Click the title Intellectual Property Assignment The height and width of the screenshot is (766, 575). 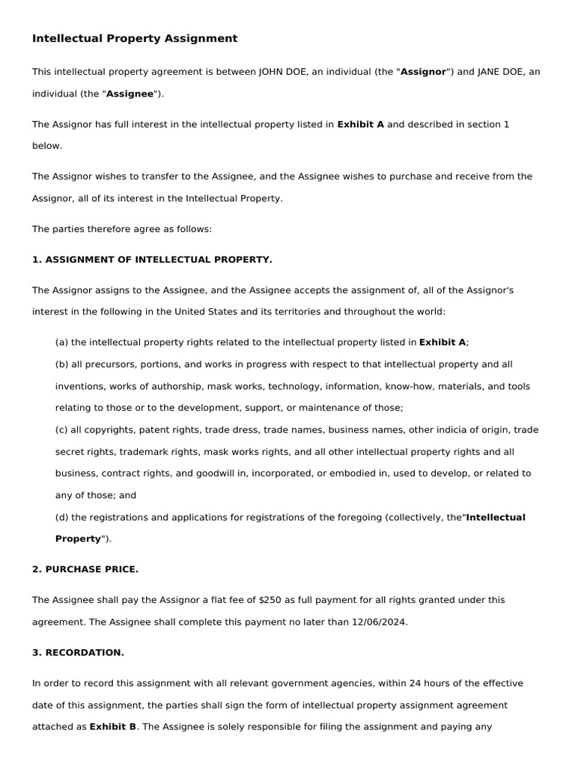(135, 38)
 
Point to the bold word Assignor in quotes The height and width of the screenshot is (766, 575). (424, 72)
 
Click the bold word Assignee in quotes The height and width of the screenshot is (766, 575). (130, 94)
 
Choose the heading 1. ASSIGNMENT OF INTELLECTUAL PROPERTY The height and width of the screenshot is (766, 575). (152, 260)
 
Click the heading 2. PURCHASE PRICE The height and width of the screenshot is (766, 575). (85, 569)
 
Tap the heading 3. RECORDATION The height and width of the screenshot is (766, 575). (78, 652)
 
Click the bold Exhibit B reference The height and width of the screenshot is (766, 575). (113, 726)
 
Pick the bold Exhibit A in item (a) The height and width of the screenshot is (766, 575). (442, 342)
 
